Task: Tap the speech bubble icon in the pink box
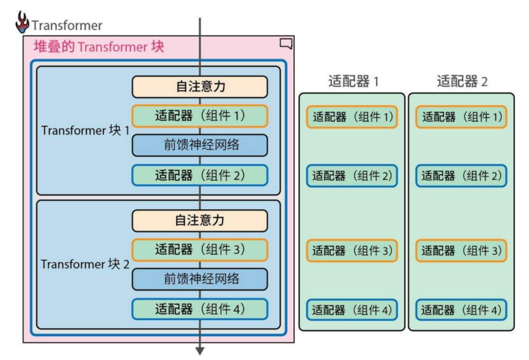(x=286, y=44)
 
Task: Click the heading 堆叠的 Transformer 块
(x=98, y=47)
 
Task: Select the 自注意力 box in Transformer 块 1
(x=199, y=87)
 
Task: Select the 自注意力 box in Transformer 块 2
(x=199, y=220)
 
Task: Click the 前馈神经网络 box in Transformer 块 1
(x=199, y=145)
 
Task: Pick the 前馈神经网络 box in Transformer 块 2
(x=199, y=279)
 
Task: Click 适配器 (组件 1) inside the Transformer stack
(x=199, y=116)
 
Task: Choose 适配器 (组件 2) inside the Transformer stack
(x=199, y=175)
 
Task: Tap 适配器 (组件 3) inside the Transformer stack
(x=199, y=250)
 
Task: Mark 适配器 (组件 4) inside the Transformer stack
(x=199, y=309)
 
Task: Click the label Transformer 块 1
(x=85, y=131)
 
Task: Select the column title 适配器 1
(x=353, y=81)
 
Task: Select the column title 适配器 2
(x=462, y=81)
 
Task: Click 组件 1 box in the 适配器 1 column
(x=352, y=118)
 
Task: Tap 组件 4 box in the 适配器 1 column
(x=352, y=310)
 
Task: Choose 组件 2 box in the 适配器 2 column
(x=461, y=176)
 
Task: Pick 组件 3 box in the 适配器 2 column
(x=461, y=251)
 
